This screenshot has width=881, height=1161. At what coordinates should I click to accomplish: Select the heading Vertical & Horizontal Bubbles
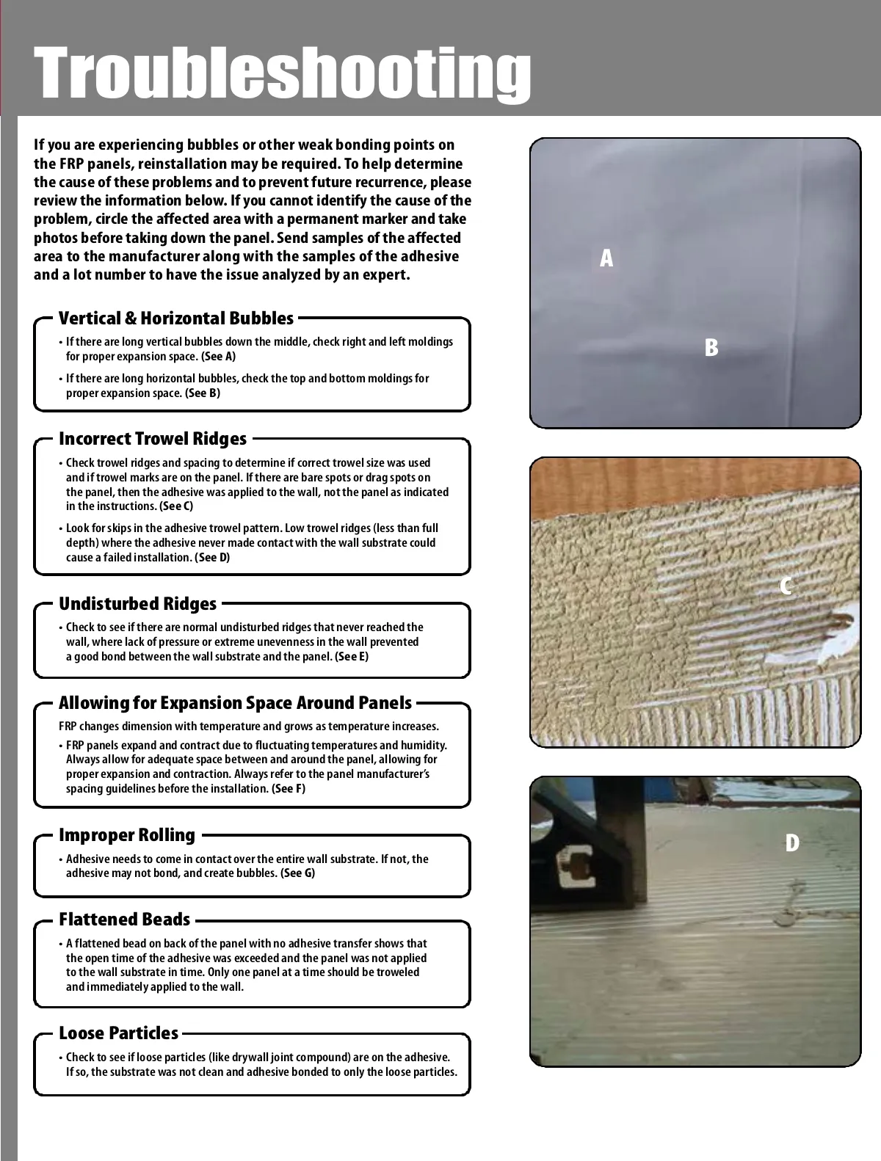176,319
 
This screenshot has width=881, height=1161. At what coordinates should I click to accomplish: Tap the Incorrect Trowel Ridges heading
153,439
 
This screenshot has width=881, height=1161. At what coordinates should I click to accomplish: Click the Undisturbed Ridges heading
138,604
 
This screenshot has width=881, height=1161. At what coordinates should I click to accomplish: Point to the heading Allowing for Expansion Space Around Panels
235,703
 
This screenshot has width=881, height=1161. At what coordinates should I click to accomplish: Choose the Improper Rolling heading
127,835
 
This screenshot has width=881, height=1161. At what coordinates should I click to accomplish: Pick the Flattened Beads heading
124,920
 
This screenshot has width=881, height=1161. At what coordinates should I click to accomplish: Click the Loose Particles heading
118,1033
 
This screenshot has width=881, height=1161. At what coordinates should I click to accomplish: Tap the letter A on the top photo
606,258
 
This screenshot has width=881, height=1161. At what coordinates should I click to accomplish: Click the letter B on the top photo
711,347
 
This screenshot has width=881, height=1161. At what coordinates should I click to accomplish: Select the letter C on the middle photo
786,586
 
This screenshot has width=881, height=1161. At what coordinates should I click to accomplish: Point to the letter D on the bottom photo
791,843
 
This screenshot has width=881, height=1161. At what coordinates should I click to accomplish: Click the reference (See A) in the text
219,357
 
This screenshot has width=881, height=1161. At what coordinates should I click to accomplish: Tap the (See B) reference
203,393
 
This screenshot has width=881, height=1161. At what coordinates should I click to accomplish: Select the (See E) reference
352,657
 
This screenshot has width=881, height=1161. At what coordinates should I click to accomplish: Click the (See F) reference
289,789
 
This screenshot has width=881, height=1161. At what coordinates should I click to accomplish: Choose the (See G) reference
297,873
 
